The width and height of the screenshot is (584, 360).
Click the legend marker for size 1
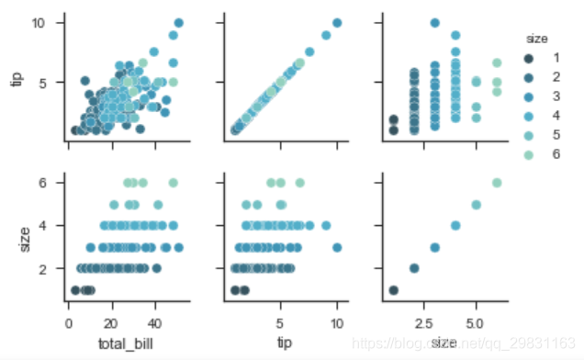pyautogui.click(x=531, y=58)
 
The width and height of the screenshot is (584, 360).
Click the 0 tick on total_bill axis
pyautogui.click(x=68, y=324)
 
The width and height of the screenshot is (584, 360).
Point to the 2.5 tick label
pyautogui.click(x=423, y=324)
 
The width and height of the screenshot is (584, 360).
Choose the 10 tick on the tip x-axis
pyautogui.click(x=337, y=324)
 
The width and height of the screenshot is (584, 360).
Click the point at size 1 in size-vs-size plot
pyautogui.click(x=393, y=290)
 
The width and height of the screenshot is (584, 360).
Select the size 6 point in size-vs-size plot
pyautogui.click(x=497, y=182)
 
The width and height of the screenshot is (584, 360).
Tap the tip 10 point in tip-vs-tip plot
pyautogui.click(x=337, y=23)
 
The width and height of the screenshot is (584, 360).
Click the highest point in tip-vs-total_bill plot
pyautogui.click(x=178, y=23)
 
